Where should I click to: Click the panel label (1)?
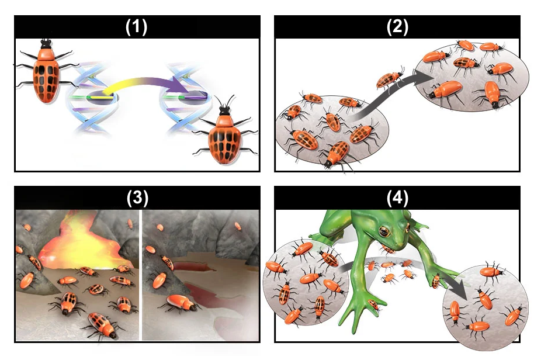[137, 26]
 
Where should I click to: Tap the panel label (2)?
[397, 26]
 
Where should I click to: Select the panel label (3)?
[137, 198]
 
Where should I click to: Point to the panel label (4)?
[397, 198]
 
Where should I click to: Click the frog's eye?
[384, 231]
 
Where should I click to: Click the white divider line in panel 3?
[140, 275]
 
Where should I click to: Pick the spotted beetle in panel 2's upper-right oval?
[466, 63]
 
